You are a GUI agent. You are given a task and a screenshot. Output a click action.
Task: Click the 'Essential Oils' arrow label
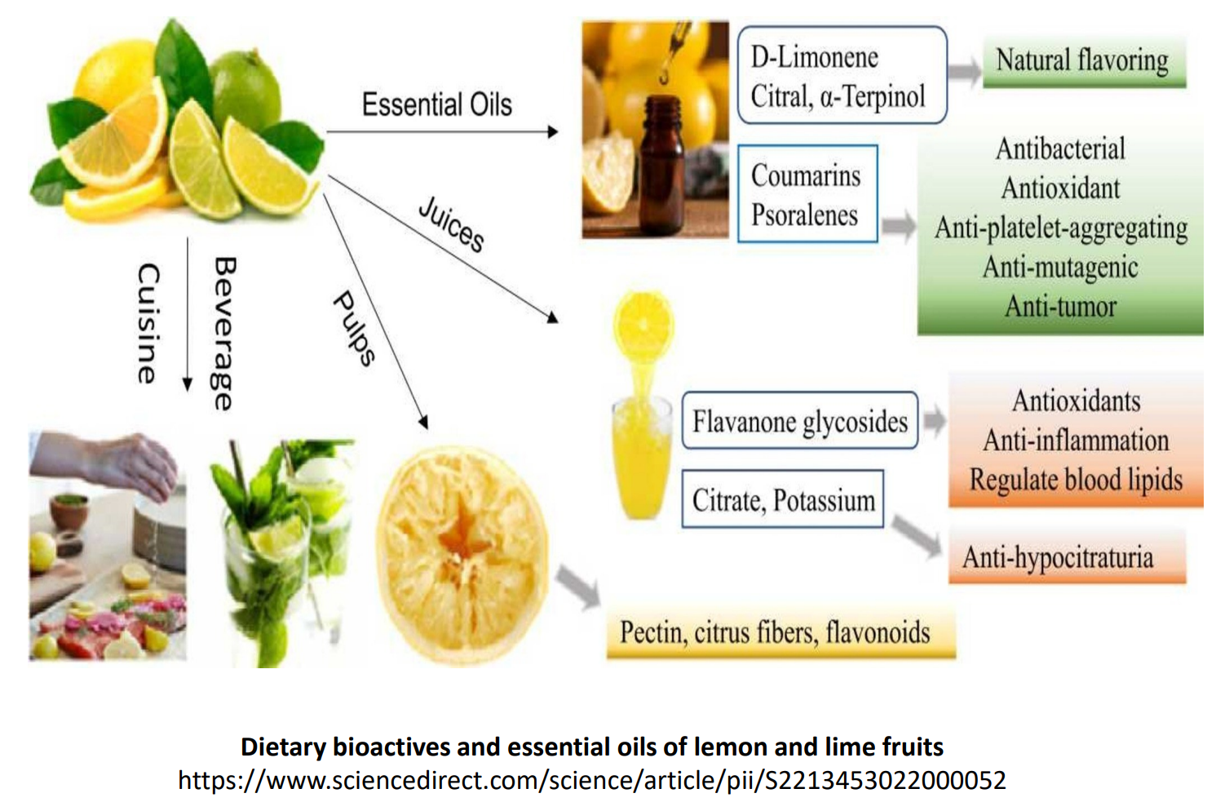click(x=436, y=104)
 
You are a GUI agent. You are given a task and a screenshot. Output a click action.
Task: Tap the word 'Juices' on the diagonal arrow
click(x=451, y=224)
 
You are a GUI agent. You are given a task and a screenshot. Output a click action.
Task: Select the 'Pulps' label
click(x=355, y=327)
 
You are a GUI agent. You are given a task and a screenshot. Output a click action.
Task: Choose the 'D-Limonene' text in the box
click(x=814, y=57)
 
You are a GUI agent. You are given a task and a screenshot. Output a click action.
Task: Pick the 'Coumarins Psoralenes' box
click(x=807, y=194)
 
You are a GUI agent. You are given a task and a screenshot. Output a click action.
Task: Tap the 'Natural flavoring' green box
click(x=1082, y=61)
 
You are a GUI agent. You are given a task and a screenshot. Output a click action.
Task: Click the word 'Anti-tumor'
click(x=1060, y=307)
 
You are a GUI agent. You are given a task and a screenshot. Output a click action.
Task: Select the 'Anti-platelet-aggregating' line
click(x=1060, y=228)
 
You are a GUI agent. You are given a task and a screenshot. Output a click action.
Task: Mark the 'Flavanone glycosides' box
click(x=799, y=421)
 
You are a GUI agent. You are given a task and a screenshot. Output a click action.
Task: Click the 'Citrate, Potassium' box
click(x=783, y=499)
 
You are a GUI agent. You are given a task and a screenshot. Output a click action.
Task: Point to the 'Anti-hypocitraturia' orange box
click(x=1058, y=557)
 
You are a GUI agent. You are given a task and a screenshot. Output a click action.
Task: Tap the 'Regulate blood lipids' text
click(x=1076, y=480)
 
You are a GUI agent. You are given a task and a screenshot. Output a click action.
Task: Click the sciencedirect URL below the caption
click(x=591, y=781)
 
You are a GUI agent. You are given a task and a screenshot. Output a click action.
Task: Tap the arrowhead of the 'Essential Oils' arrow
click(x=553, y=131)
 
